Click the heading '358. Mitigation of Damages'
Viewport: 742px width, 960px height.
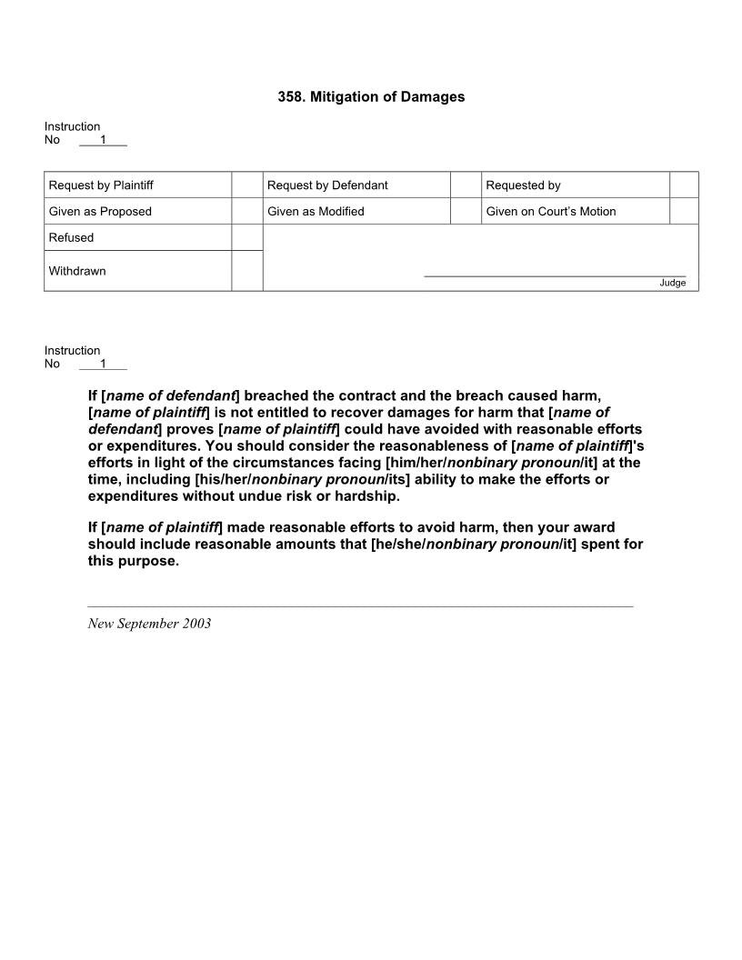click(371, 96)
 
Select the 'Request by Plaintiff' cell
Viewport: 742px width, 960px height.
click(101, 185)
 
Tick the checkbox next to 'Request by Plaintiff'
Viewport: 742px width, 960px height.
click(246, 185)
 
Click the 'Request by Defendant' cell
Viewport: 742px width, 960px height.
click(327, 185)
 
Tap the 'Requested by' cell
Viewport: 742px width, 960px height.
click(523, 185)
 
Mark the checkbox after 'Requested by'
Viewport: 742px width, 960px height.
click(684, 185)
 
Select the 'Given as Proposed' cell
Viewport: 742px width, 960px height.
click(100, 212)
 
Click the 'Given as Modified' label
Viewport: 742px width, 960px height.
click(316, 212)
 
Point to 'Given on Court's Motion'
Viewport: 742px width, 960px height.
click(550, 212)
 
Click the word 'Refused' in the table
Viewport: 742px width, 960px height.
click(71, 238)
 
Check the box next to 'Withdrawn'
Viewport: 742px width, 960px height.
click(246, 271)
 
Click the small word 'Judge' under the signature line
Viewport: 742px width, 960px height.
click(672, 283)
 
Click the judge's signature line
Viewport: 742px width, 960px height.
click(555, 275)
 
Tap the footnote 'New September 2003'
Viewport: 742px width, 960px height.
click(149, 624)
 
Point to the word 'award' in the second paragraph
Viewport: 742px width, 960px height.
click(595, 527)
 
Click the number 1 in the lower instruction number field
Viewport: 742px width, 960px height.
click(103, 364)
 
